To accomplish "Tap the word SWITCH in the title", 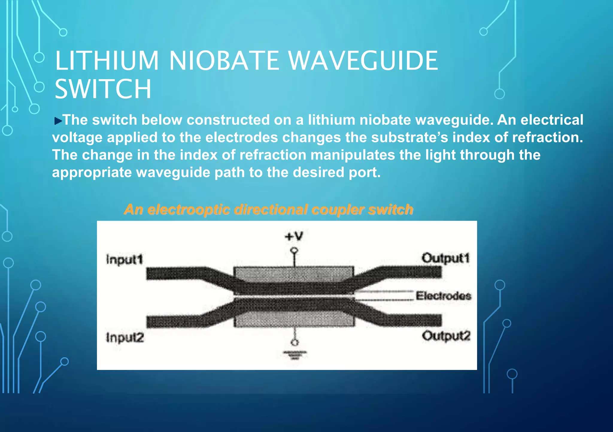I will [103, 89].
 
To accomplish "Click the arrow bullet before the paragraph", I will [58, 121].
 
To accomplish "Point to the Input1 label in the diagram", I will [125, 260].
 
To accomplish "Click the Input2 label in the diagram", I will [125, 338].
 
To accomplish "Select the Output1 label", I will [445, 258].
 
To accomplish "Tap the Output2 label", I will [446, 336].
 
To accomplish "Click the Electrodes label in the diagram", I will [444, 296].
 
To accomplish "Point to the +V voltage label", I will [294, 237].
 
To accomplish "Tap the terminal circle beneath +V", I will [295, 250].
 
